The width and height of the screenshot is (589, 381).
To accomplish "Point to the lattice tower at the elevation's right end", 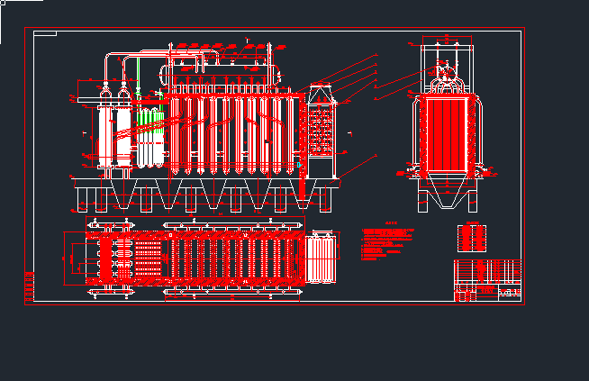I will (x=322, y=132).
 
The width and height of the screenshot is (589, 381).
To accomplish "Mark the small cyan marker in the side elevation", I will (x=298, y=165).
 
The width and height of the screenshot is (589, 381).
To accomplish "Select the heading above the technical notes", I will (x=391, y=224).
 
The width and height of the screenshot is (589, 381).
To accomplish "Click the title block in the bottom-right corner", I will (x=487, y=281).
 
